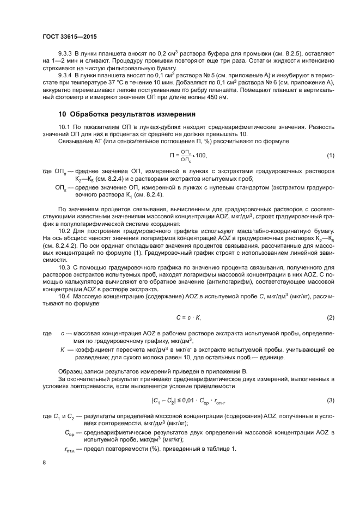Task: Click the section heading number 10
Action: pos(62,114)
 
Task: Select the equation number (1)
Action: pos(330,156)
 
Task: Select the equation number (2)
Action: pos(330,317)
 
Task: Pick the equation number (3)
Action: pos(330,401)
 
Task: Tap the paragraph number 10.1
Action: pos(65,127)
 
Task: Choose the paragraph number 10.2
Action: pos(65,231)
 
